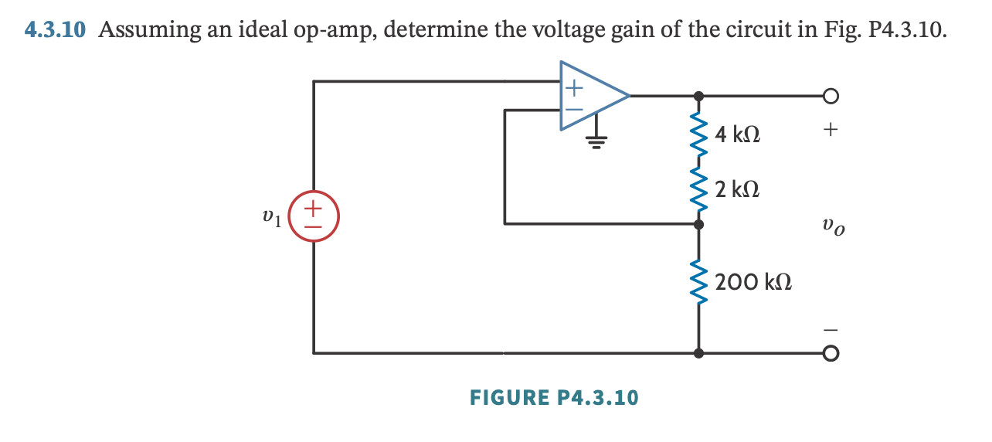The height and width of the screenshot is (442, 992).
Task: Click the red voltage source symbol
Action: click(313, 216)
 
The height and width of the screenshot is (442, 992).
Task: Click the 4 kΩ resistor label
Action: click(737, 135)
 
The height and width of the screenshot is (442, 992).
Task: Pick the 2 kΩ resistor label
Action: click(737, 189)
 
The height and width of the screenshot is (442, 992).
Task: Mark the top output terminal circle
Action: click(830, 97)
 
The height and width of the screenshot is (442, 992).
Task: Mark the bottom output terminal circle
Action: click(830, 353)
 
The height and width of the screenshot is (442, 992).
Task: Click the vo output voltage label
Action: click(833, 228)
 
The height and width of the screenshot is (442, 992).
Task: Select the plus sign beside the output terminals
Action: click(830, 131)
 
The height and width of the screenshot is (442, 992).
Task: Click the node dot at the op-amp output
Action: click(699, 97)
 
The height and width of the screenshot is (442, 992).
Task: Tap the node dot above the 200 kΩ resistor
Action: click(699, 224)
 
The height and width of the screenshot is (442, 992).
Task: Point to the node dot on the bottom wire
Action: click(699, 353)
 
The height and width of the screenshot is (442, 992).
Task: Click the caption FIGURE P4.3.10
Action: click(554, 398)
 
